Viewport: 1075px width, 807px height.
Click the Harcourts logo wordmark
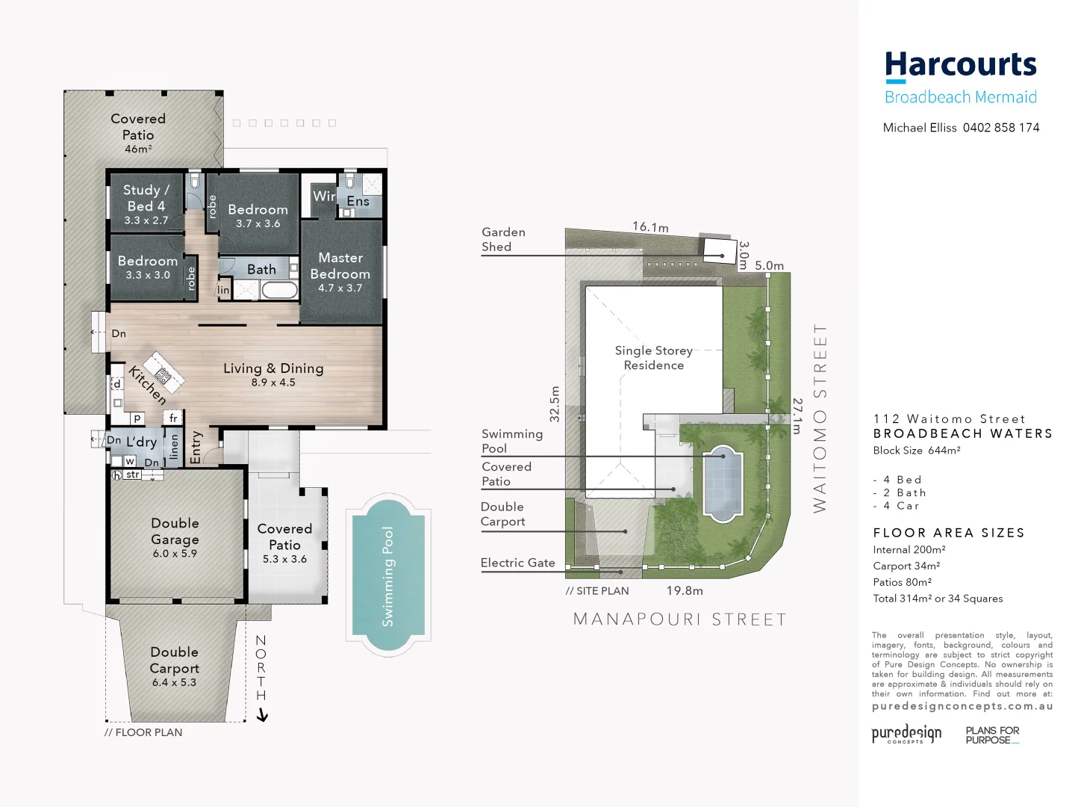(x=961, y=66)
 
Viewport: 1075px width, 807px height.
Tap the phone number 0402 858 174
(x=1001, y=128)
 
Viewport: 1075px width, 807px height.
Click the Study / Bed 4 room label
(x=146, y=198)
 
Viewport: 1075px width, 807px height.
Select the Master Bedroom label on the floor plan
(x=340, y=266)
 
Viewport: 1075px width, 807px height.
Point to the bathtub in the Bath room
(x=279, y=290)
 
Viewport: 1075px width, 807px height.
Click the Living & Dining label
(x=273, y=368)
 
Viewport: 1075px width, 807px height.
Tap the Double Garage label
(x=175, y=531)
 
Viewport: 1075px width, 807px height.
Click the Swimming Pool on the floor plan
(x=388, y=575)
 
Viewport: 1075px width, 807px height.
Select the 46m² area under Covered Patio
(x=138, y=149)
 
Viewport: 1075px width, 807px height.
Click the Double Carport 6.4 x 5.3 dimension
(x=174, y=682)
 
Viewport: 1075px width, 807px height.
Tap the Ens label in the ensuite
(x=358, y=202)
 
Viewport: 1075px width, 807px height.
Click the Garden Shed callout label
(x=503, y=239)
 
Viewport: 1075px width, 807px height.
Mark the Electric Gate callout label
(x=517, y=563)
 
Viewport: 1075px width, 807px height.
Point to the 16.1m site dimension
(x=650, y=227)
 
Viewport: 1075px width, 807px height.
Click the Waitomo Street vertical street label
(x=820, y=418)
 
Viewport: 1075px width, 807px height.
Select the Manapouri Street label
(x=679, y=619)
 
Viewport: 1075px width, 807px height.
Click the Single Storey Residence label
(x=654, y=358)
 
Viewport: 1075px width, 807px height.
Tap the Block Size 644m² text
(x=917, y=451)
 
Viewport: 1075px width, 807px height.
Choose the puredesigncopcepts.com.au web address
(x=962, y=706)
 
